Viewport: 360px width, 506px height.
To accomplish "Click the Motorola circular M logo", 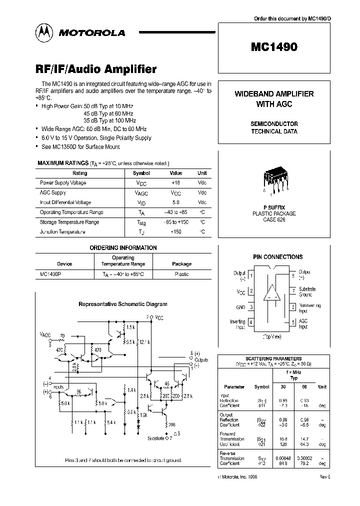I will [45, 32].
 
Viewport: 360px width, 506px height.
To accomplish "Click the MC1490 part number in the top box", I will [273, 48].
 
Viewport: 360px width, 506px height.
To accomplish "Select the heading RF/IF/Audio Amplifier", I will [96, 69].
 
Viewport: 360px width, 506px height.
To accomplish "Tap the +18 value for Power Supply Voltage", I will [175, 183].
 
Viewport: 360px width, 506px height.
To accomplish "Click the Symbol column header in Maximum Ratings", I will [141, 173].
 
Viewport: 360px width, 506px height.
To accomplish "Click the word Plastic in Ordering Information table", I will [181, 274].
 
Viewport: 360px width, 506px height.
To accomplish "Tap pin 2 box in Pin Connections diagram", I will [251, 291].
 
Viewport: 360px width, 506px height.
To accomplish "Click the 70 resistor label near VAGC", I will [62, 336].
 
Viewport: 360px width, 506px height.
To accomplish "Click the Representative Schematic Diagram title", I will [123, 303].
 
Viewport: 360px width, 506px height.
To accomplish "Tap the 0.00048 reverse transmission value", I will [284, 458].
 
